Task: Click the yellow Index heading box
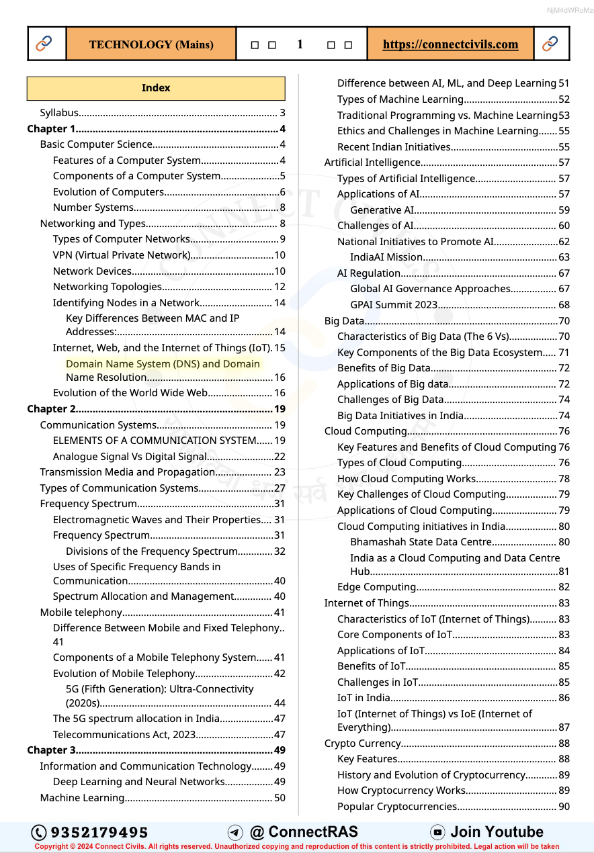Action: (156, 88)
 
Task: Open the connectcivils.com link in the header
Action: (450, 44)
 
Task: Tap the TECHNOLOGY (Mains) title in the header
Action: (151, 44)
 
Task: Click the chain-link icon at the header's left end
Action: (44, 44)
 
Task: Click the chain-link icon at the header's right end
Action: (550, 44)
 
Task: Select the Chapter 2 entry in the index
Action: (52, 409)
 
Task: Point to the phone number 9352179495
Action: (99, 833)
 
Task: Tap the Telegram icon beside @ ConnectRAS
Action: (235, 833)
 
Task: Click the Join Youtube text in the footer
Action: (497, 832)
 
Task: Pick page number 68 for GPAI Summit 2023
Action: (564, 305)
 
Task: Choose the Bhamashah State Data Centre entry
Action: (421, 542)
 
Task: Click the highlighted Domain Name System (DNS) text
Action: (163, 364)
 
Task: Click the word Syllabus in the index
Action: (59, 113)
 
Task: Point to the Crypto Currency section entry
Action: (363, 744)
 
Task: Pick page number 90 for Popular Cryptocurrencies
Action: (564, 807)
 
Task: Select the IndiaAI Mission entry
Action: (386, 257)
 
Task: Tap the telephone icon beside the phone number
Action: (40, 833)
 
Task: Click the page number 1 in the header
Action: (300, 44)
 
